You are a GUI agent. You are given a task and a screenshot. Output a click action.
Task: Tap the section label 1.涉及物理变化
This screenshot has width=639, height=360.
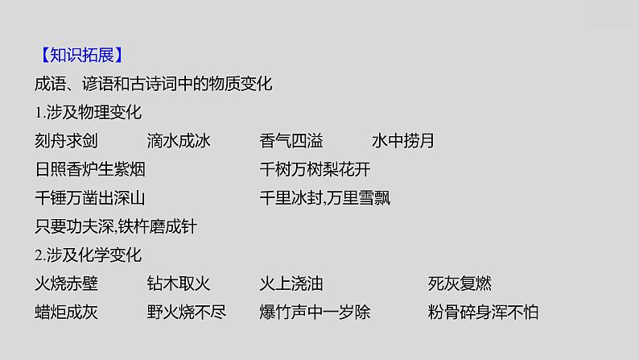(x=89, y=112)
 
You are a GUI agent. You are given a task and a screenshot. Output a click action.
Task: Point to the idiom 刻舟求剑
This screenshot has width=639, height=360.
(x=67, y=141)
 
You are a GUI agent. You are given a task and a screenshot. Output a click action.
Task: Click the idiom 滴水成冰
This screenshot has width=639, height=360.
(x=179, y=141)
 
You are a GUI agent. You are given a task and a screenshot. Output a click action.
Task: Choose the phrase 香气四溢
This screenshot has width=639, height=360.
(x=291, y=141)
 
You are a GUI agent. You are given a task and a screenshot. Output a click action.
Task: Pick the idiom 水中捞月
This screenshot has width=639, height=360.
(x=403, y=141)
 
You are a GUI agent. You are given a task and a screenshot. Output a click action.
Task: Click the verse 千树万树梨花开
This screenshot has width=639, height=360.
(x=315, y=170)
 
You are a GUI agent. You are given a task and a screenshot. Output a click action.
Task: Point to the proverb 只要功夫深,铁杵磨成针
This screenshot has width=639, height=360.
(x=117, y=227)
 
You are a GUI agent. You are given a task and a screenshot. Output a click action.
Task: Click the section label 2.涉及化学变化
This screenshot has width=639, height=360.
(x=89, y=255)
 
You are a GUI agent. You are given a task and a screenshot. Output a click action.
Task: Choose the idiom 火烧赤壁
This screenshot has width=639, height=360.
(x=67, y=283)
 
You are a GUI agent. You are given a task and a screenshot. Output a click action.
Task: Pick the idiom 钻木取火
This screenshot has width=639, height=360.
(x=179, y=283)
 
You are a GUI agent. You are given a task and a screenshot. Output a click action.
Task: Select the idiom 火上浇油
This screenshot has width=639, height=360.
(x=291, y=283)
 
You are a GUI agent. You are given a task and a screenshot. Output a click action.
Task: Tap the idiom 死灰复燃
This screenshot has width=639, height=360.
(x=460, y=283)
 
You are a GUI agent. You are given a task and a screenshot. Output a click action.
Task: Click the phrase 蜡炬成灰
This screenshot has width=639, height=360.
(x=67, y=312)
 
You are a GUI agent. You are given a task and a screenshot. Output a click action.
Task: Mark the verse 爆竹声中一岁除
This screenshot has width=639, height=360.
(x=315, y=312)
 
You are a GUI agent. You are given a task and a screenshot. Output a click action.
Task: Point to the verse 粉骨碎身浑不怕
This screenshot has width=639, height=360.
(x=484, y=312)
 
